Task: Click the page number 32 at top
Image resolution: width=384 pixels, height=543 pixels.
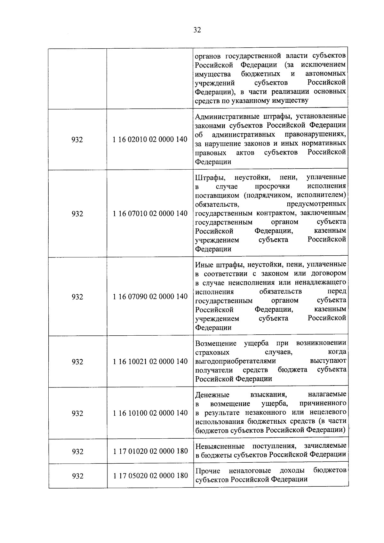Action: [197, 30]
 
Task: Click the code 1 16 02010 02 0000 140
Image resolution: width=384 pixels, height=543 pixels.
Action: [150, 140]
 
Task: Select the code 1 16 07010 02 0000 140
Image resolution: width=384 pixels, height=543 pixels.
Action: [150, 213]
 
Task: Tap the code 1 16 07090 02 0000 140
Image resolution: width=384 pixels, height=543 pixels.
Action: [150, 297]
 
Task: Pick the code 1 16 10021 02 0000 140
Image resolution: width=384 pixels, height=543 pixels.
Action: [150, 362]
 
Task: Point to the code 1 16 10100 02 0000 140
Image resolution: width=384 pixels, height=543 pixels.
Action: [150, 413]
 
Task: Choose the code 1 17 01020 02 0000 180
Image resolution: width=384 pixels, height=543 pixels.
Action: [150, 451]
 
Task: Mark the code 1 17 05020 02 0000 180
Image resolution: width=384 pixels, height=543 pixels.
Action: [150, 476]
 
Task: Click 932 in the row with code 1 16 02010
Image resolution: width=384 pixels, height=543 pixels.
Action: [77, 140]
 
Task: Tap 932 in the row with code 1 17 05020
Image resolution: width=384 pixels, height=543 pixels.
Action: [77, 476]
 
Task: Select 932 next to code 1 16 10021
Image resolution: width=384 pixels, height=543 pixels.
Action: [77, 362]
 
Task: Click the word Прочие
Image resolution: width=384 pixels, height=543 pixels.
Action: [208, 471]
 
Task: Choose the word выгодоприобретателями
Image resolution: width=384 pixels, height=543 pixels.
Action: [236, 361]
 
